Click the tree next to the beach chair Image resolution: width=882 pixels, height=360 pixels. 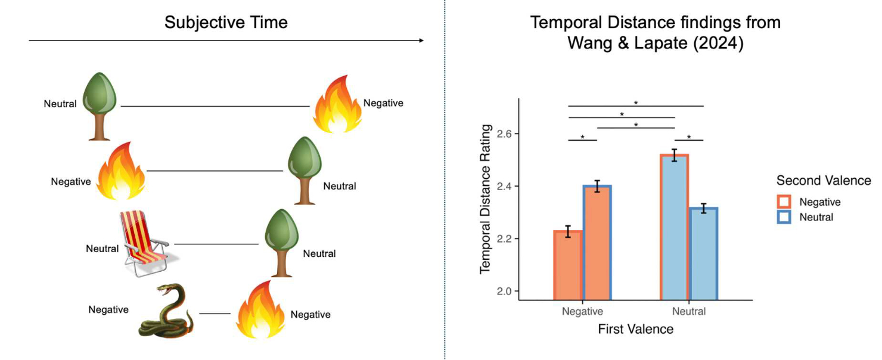pyautogui.click(x=280, y=242)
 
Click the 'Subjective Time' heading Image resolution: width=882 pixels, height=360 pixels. pyautogui.click(x=226, y=23)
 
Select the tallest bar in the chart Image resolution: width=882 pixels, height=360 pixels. pyautogui.click(x=675, y=226)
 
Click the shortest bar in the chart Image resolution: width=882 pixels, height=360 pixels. pyautogui.click(x=569, y=265)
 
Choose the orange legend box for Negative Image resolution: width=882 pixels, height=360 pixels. pyautogui.click(x=784, y=202)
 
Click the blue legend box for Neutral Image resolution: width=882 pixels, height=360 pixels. pyautogui.click(x=784, y=217)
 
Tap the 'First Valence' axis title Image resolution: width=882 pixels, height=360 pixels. pyautogui.click(x=636, y=329)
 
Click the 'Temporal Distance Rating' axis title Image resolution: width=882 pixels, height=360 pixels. pyautogui.click(x=485, y=199)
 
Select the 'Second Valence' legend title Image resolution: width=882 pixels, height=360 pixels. pyautogui.click(x=823, y=181)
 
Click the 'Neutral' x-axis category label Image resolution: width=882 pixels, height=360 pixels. pyautogui.click(x=688, y=312)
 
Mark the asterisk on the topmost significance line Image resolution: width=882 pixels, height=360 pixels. pyautogui.click(x=636, y=103)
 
